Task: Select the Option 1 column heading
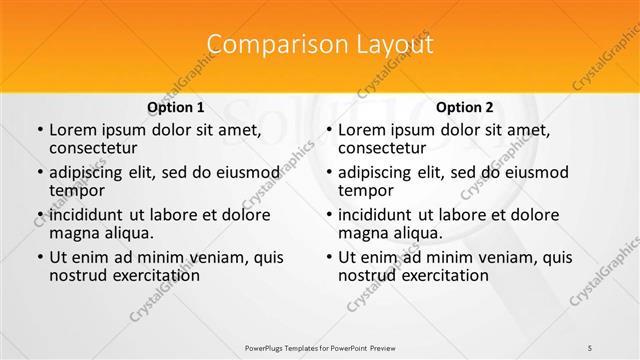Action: pyautogui.click(x=176, y=107)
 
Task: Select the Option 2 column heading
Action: pyautogui.click(x=465, y=107)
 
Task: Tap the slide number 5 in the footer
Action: pyautogui.click(x=590, y=346)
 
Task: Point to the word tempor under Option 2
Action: pyautogui.click(x=366, y=190)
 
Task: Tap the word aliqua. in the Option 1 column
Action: pyautogui.click(x=128, y=233)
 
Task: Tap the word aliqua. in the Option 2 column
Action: pyautogui.click(x=417, y=233)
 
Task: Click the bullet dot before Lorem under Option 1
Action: pyautogui.click(x=39, y=131)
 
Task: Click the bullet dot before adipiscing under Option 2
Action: pyautogui.click(x=328, y=173)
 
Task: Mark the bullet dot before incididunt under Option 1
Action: pyautogui.click(x=39, y=215)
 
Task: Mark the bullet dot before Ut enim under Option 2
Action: pyautogui.click(x=328, y=257)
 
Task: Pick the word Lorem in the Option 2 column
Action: pyautogui.click(x=362, y=130)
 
